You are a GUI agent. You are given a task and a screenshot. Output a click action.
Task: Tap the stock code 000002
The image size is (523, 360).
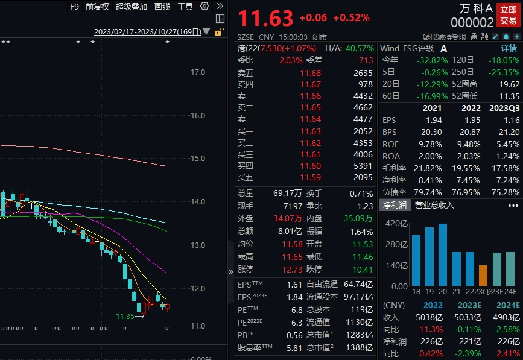click(472, 22)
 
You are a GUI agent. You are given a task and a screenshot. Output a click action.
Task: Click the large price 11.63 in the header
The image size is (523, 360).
click(265, 18)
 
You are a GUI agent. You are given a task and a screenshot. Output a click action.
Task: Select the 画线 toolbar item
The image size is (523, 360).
click(162, 7)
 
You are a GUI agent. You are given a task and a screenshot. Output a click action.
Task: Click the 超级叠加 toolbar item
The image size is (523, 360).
click(132, 7)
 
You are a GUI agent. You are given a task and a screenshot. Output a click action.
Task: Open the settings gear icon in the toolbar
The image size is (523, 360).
click(204, 7)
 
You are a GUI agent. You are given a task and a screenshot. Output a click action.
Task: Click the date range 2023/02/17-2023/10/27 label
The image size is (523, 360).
click(148, 31)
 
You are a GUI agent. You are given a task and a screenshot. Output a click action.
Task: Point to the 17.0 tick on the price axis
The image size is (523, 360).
click(198, 72)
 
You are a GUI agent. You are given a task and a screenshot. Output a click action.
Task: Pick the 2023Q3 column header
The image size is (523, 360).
click(503, 108)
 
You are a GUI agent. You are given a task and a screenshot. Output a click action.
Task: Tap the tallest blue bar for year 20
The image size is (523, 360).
click(443, 254)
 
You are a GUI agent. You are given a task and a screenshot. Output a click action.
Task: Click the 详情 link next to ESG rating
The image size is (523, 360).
click(509, 48)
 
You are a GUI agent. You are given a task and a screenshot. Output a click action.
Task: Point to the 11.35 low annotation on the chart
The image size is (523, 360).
click(125, 316)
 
